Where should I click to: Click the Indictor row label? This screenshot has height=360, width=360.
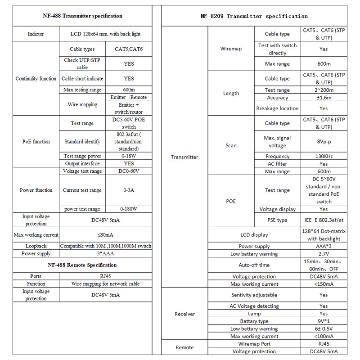(36, 34)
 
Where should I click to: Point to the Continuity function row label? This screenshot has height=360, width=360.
(36, 79)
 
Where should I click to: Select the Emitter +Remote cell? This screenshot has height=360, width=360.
(128, 97)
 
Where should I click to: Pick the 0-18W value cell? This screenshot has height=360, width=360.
(128, 156)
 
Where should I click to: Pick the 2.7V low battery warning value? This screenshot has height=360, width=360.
(323, 254)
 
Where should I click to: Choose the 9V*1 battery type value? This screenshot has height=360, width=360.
(323, 321)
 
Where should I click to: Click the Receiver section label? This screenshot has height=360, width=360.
(184, 314)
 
